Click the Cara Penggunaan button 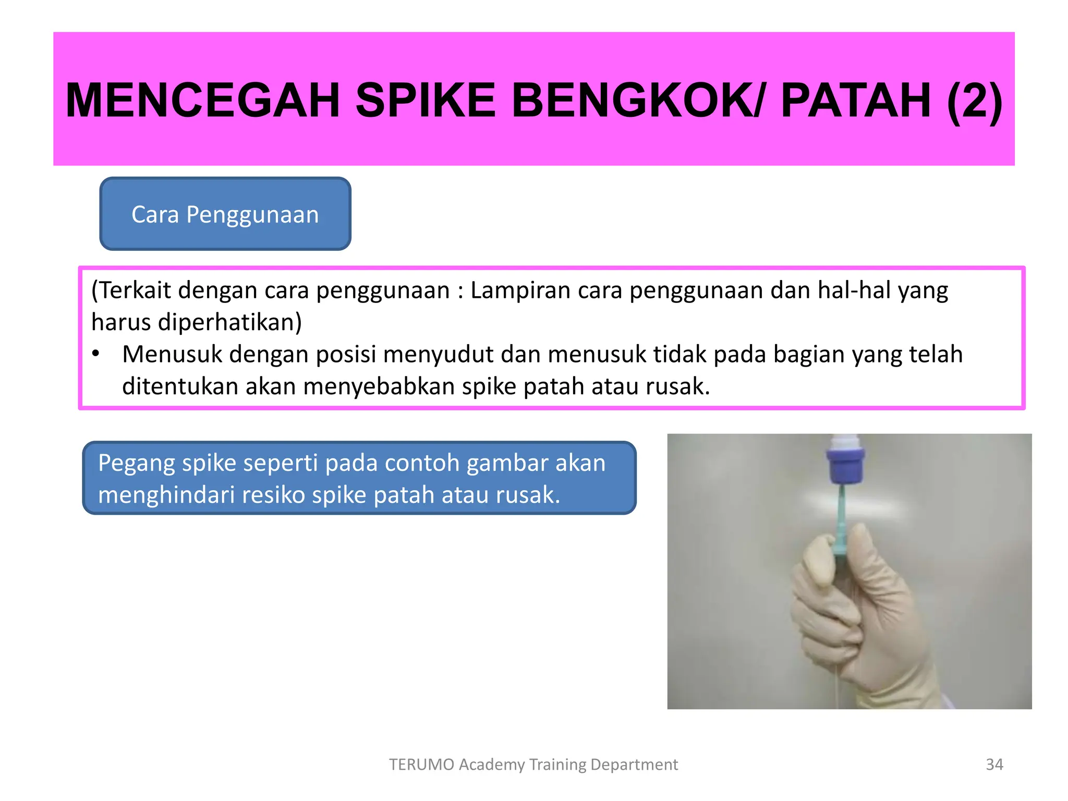(225, 214)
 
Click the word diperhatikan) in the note (229, 322)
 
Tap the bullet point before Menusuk (95, 354)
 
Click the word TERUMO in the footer (421, 764)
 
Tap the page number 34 (994, 764)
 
